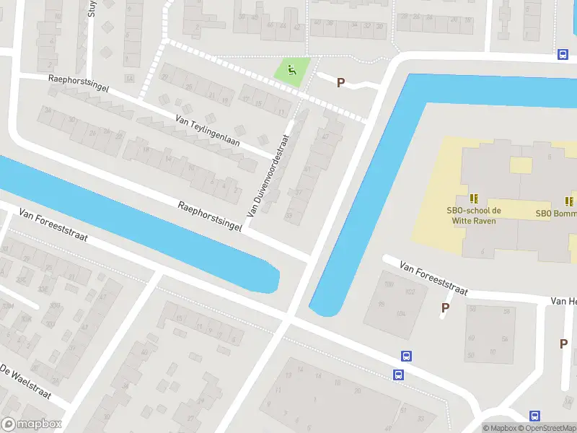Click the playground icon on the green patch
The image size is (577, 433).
(291, 70)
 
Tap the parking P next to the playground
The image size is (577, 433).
(340, 82)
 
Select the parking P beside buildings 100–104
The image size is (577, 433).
(445, 308)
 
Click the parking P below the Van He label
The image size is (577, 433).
(563, 344)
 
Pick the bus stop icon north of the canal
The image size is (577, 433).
(563, 55)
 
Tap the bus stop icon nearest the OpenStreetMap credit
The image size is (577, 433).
(534, 416)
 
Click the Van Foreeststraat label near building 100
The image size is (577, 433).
(434, 279)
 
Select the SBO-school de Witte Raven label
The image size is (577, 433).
(473, 216)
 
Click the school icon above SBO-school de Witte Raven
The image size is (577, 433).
(474, 198)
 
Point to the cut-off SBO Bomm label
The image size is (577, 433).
(556, 214)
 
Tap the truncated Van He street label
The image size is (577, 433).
(563, 300)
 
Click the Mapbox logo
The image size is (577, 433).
(32, 424)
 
